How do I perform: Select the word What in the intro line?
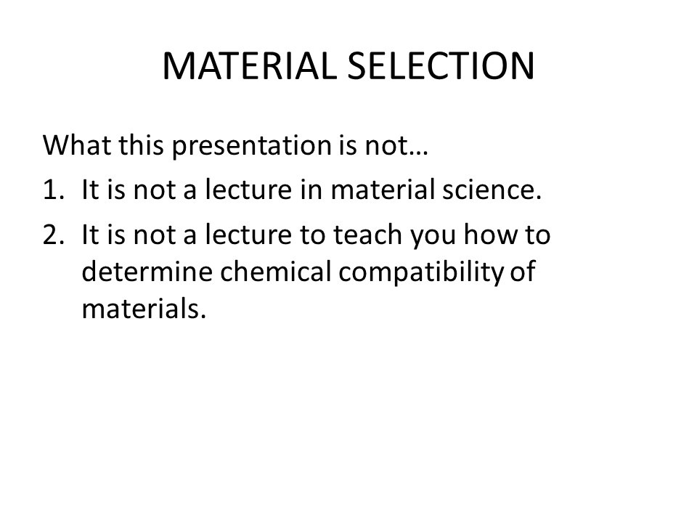click(77, 145)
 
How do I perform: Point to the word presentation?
click(252, 146)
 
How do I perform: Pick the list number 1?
click(54, 190)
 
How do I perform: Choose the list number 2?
click(54, 235)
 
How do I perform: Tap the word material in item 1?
click(383, 189)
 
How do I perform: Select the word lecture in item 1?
click(248, 189)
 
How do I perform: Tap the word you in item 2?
click(433, 238)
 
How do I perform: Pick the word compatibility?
click(420, 272)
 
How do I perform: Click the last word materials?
click(144, 308)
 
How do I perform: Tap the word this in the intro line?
click(141, 145)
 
